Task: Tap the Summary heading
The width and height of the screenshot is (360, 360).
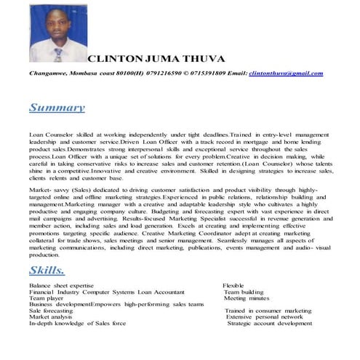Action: (x=57, y=108)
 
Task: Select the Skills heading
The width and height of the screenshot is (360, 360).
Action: (x=47, y=271)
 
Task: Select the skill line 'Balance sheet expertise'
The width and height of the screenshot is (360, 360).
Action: (x=61, y=286)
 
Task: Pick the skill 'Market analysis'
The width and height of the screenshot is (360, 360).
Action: (x=50, y=317)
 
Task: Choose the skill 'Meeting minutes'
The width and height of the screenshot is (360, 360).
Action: (x=247, y=298)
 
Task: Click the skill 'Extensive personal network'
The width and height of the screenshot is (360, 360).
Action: (x=264, y=317)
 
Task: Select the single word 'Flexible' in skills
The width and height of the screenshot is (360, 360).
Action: (x=233, y=286)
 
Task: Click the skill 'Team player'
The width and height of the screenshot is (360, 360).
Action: (x=46, y=298)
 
